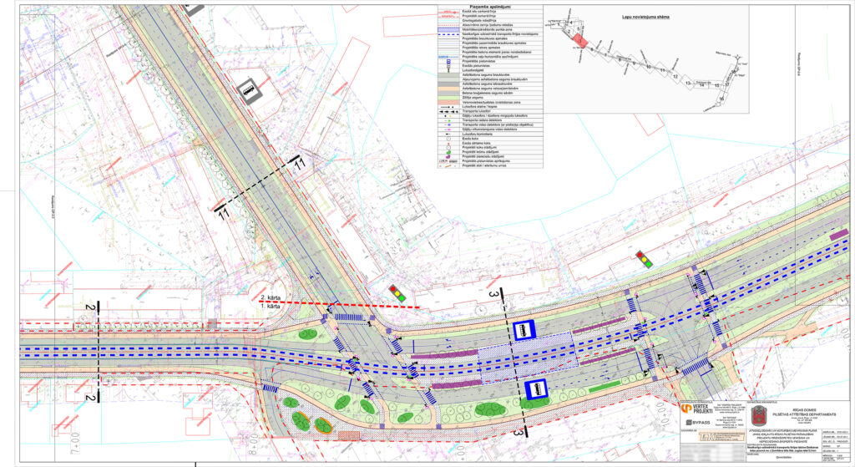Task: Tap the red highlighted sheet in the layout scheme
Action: pos(580,41)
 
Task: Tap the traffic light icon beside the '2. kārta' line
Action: pos(397,293)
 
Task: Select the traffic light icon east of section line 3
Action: pos(643,259)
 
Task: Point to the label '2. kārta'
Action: pos(271,298)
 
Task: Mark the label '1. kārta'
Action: pos(271,307)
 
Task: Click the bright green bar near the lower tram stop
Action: pos(604,388)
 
